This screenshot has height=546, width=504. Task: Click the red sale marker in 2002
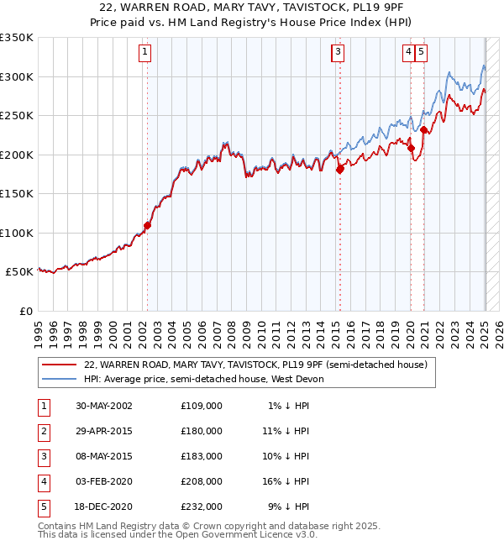click(147, 225)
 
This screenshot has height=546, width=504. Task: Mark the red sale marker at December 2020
click(424, 129)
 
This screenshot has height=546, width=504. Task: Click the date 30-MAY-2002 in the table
click(104, 406)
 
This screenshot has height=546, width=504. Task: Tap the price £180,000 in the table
click(202, 431)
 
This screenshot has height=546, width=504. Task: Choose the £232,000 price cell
click(202, 507)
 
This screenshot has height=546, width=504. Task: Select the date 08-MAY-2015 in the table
click(104, 456)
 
